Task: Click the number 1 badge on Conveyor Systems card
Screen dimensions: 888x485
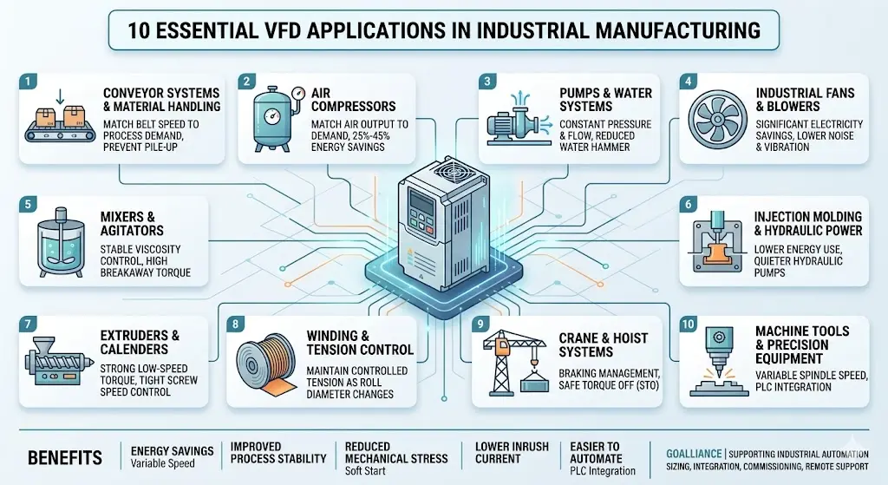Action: [x=27, y=81]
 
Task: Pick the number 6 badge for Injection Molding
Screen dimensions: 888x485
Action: [x=688, y=205]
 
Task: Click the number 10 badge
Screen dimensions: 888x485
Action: [x=688, y=324]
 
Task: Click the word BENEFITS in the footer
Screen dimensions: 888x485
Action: [x=65, y=458]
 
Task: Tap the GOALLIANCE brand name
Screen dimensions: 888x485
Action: [x=694, y=454]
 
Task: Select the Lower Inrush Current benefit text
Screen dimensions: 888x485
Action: [x=512, y=453]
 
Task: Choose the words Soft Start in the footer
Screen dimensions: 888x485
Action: [x=365, y=471]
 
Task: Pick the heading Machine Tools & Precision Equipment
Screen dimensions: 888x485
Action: [x=802, y=344]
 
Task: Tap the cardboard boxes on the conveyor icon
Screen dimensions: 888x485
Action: [x=60, y=117]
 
